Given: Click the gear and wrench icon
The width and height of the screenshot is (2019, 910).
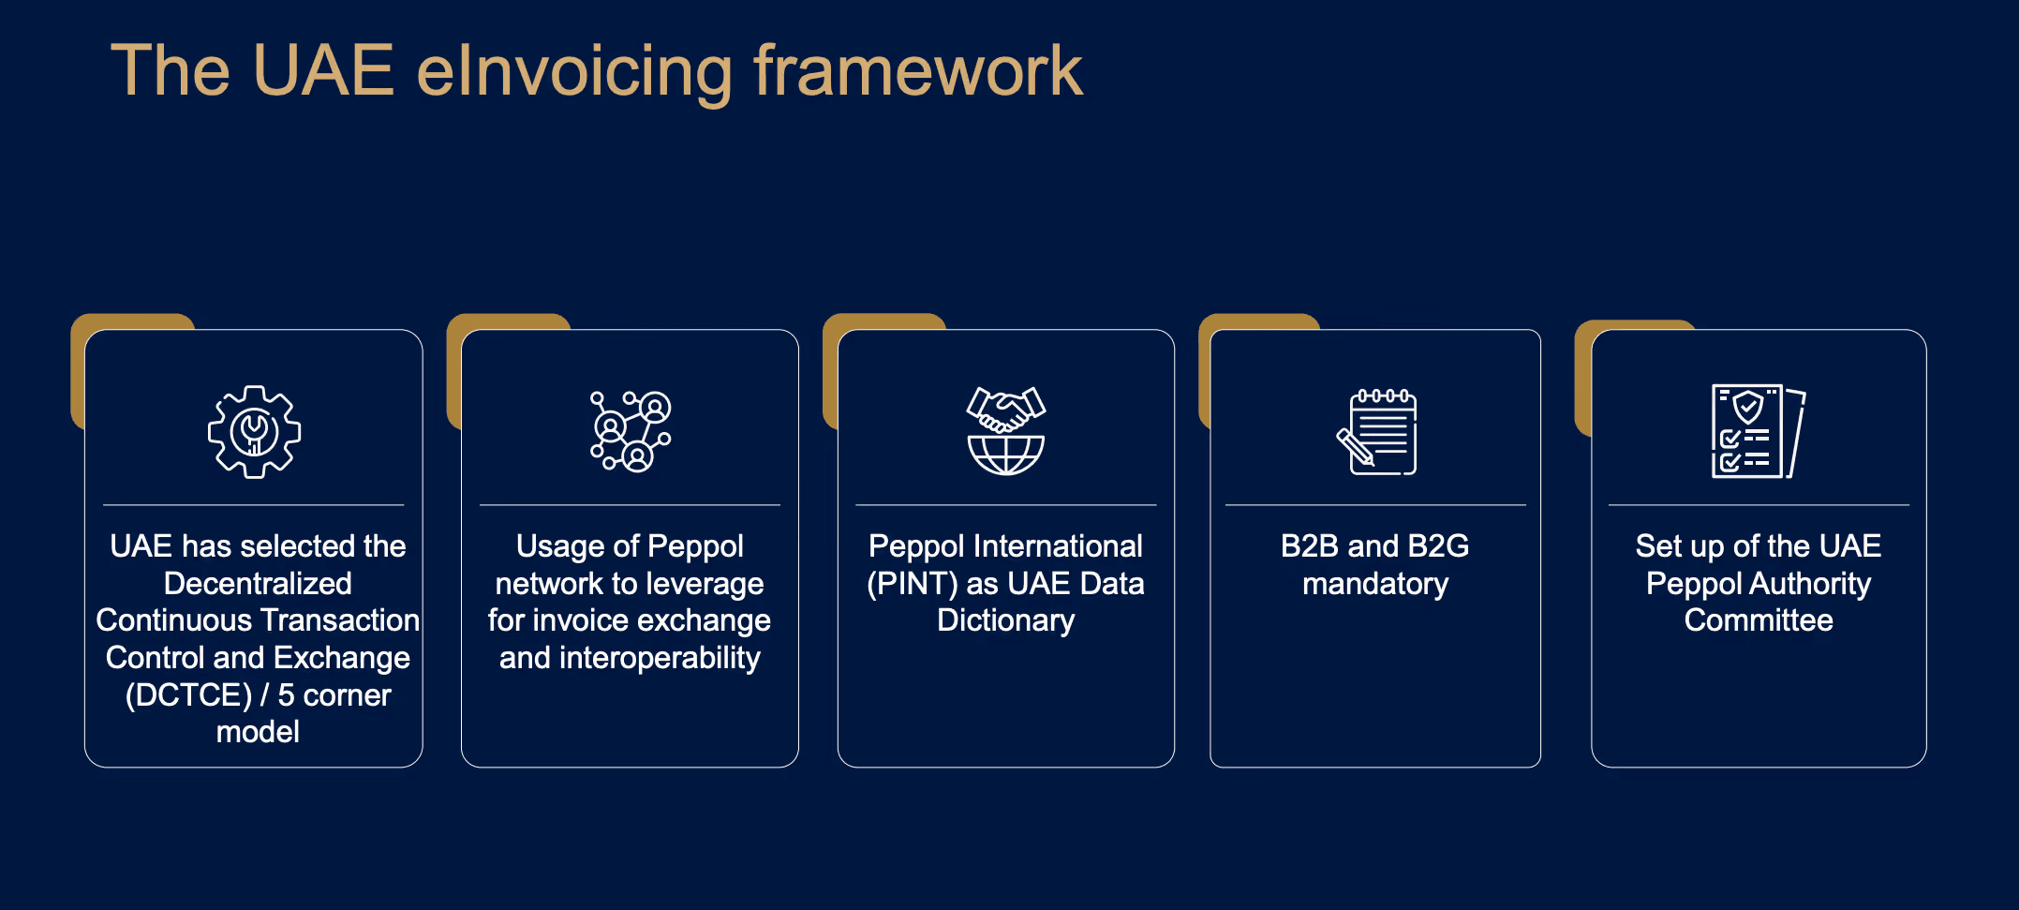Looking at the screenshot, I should click(254, 432).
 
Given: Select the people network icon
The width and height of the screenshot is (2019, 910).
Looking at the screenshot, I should click(630, 431).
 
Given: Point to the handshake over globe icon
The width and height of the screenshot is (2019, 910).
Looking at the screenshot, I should click(1005, 431).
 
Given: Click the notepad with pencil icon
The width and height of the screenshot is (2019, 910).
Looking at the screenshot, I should click(1376, 432).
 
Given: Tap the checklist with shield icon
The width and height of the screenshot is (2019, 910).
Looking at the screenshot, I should click(1758, 431).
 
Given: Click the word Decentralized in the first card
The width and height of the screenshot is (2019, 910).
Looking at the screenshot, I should click(258, 584).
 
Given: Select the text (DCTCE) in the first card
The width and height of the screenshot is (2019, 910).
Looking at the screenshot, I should click(188, 695).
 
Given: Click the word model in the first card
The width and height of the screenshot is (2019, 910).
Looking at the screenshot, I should click(258, 732).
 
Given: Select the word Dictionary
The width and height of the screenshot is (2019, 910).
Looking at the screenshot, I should click(1005, 620).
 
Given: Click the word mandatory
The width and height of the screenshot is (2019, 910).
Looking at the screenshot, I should click(1374, 584).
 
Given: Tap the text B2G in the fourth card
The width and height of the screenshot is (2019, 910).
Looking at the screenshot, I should click(1438, 546).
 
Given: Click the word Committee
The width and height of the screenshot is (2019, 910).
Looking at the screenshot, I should click(1758, 620).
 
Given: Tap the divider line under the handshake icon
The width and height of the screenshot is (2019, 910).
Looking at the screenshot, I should click(1005, 505).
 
